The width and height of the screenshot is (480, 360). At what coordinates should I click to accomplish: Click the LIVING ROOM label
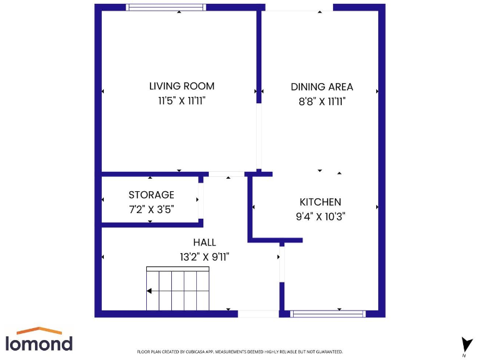pos(181,86)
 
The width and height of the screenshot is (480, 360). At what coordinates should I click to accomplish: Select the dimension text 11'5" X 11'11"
pos(181,101)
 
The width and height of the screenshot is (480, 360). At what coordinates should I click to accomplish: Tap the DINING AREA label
pos(322,87)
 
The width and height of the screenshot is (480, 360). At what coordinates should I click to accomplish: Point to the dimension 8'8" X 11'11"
pos(322,101)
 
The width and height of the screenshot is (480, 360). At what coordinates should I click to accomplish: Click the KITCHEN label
pos(320,202)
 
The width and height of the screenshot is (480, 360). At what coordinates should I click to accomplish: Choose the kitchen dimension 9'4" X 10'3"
pos(320,217)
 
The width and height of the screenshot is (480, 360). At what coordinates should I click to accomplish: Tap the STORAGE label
pos(151,195)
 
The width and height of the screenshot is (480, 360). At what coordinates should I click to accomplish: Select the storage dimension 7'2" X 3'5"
pos(151,210)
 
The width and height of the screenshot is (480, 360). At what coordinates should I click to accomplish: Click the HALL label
pos(204,242)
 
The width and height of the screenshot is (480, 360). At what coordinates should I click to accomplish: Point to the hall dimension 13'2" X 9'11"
pos(204,256)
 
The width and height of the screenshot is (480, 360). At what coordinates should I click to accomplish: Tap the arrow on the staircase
pos(149,291)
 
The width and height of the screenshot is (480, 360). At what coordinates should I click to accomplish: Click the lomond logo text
pos(39,343)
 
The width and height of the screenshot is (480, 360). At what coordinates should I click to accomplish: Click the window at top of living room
pos(166,7)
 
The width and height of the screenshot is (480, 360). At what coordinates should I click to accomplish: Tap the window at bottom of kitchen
pos(327,314)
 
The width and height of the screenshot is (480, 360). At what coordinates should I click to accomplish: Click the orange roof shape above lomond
pos(39,331)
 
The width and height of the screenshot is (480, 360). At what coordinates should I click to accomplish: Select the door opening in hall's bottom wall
pos(258,314)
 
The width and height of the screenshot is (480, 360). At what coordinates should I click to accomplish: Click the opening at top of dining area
pos(297,7)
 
